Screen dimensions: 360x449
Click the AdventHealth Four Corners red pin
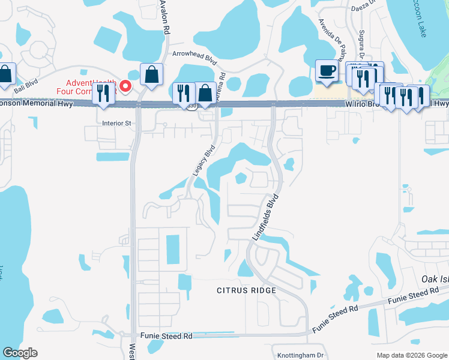(x=125, y=86)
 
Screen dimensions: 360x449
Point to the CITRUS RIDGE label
(x=246, y=290)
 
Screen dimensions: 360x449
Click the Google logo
(x=19, y=353)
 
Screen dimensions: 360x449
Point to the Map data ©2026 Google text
(x=411, y=355)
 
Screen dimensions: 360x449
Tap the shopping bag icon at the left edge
(x=5, y=75)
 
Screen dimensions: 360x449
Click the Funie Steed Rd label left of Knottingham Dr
(x=166, y=337)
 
